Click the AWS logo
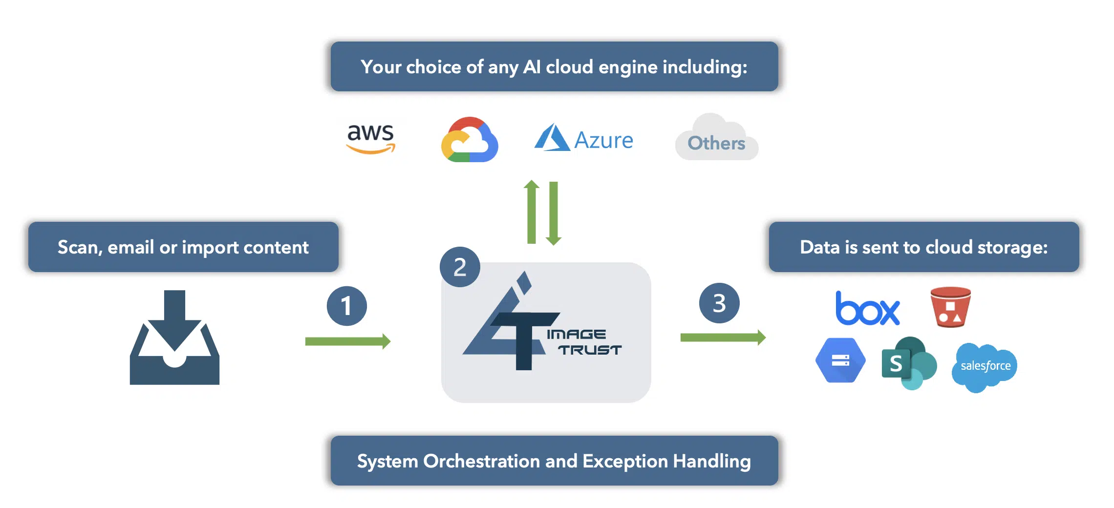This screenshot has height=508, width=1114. coord(370,138)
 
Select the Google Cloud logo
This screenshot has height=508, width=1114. coord(470,140)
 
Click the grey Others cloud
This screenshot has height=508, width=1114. coord(716,139)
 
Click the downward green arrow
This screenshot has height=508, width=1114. coord(554,213)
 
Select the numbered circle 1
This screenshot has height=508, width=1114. coord(347,306)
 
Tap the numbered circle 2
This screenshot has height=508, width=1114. coord(460,267)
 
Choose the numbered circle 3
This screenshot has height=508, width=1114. coord(719,303)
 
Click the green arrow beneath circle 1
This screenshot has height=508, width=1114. coord(347,341)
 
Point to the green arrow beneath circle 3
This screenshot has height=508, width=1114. coord(723,337)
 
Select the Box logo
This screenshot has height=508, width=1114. coord(867,309)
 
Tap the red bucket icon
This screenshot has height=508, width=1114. coord(950,307)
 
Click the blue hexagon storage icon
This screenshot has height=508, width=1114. coord(840,360)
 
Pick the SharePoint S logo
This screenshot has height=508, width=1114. coord(908,363)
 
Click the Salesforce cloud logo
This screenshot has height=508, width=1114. coord(985,367)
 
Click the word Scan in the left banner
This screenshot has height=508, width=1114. coord(79,248)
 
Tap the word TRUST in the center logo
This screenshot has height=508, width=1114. coord(590,350)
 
